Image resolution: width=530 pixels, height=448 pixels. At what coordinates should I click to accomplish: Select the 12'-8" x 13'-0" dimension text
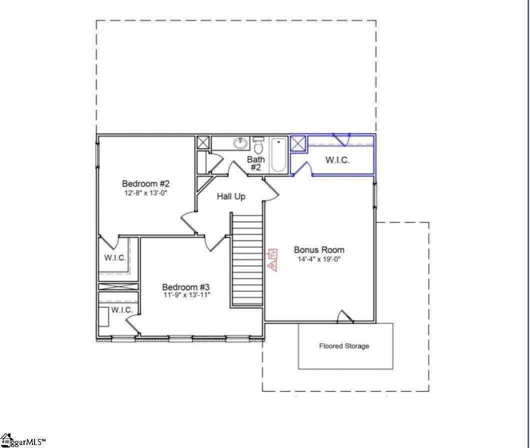click(146, 193)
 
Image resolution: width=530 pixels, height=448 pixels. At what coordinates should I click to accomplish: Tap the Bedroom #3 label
click(185, 287)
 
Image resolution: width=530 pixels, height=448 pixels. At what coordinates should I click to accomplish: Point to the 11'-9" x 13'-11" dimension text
click(186, 295)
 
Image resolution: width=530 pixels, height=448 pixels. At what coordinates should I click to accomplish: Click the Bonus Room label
click(319, 250)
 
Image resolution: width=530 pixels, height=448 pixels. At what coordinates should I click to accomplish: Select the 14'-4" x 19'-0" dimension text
click(319, 259)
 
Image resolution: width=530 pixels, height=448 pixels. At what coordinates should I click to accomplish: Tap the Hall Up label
click(231, 197)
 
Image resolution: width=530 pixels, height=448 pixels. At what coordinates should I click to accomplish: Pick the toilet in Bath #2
click(258, 146)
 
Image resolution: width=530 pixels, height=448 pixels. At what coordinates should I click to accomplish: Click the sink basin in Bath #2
click(240, 144)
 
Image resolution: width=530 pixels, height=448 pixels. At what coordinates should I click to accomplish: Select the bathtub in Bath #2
click(278, 155)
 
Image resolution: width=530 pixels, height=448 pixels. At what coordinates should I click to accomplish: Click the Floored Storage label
click(344, 346)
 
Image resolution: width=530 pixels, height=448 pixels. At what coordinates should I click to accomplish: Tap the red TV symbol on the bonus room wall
click(273, 254)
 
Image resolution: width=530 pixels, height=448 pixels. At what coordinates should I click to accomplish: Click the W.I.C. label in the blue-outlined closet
click(337, 160)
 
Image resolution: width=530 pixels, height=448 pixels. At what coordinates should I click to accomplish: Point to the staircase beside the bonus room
click(247, 260)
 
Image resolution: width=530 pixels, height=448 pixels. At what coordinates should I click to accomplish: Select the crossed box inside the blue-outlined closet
click(298, 143)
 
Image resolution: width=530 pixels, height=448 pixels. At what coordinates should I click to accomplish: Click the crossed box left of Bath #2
click(203, 142)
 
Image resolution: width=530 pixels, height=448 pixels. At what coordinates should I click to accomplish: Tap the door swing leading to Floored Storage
click(345, 316)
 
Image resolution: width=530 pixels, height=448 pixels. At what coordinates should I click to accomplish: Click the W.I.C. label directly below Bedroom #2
click(115, 258)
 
